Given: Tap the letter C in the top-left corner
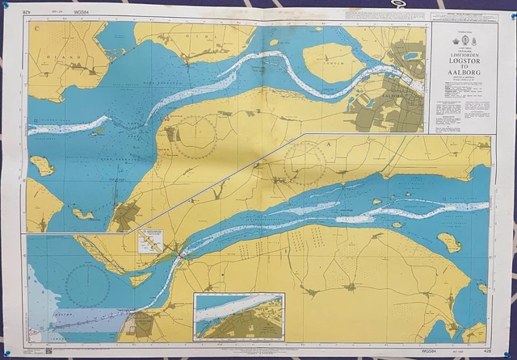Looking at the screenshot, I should coord(37,27).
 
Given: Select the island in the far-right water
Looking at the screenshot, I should coord(448,241).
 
